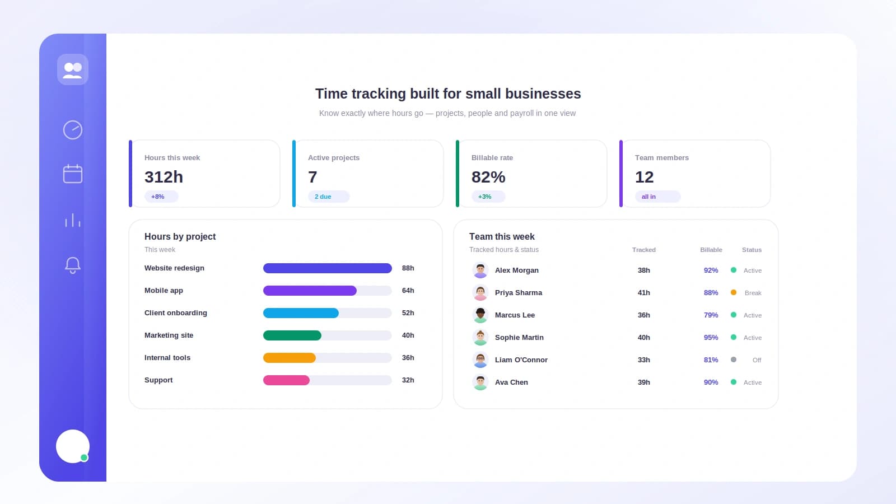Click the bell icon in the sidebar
[73, 265]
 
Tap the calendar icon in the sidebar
[73, 174]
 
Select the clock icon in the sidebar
[73, 130]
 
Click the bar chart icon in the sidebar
[73, 220]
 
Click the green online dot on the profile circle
[84, 458]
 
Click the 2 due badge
[328, 197]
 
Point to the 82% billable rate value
[488, 177]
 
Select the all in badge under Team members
[657, 197]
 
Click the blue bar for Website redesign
[327, 268]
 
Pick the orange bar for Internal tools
[289, 358]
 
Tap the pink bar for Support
[286, 380]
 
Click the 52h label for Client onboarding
[408, 313]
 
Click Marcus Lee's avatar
[480, 315]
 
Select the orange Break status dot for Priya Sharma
[734, 292]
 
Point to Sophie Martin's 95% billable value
[711, 337]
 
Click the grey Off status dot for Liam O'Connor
[734, 360]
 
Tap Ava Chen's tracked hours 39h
[643, 382]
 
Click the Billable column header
[711, 250]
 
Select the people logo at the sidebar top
[73, 69]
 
